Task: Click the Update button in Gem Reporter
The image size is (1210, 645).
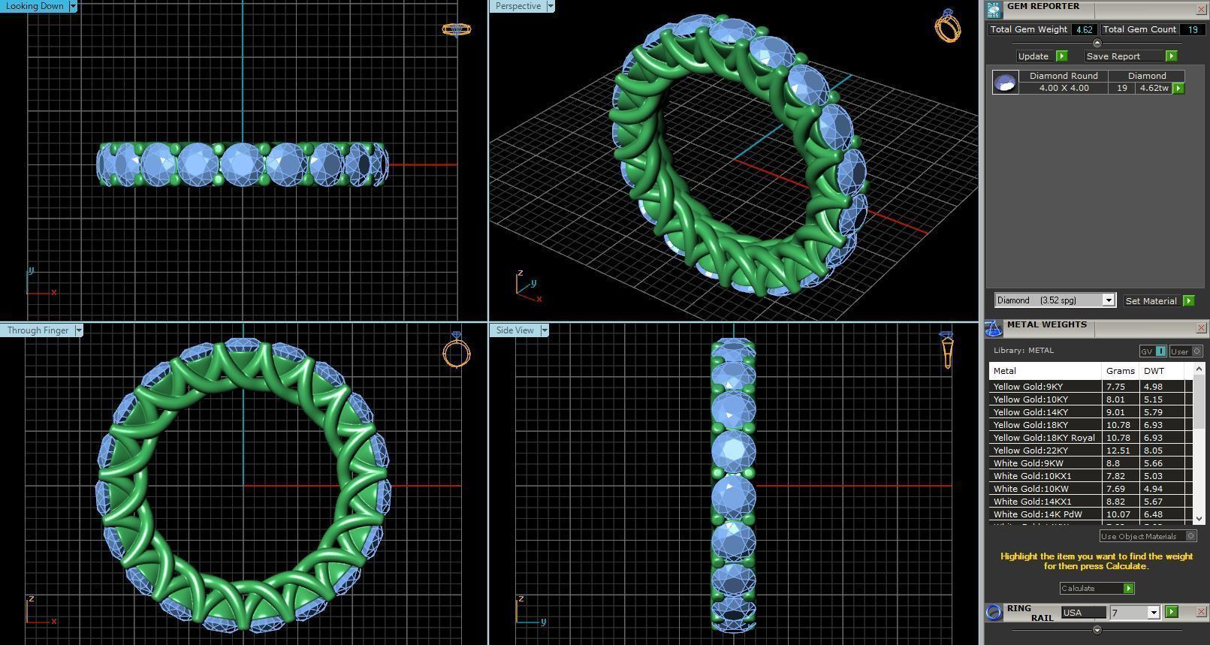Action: click(x=1033, y=56)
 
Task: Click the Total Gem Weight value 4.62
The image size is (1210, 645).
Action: click(x=1083, y=30)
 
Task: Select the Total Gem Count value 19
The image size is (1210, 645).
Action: click(x=1192, y=30)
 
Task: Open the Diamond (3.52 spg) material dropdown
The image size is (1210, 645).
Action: click(x=1108, y=300)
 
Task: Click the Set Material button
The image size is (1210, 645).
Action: click(x=1151, y=301)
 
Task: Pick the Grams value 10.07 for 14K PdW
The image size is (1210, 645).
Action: click(x=1118, y=514)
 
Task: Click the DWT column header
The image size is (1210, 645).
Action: click(x=1154, y=371)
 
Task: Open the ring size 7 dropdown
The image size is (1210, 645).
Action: click(x=1153, y=613)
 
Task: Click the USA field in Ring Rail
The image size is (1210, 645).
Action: click(x=1082, y=613)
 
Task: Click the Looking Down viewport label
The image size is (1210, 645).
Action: click(x=35, y=6)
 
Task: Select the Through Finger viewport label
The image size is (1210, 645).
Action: click(x=38, y=330)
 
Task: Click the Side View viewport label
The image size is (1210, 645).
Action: click(x=514, y=330)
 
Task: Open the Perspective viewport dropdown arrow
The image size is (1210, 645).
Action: click(x=551, y=6)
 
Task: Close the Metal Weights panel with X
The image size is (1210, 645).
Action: click(x=1200, y=328)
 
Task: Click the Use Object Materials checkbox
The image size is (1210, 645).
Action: click(x=1190, y=536)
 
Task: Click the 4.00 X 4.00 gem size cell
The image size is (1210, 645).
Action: click(x=1064, y=89)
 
